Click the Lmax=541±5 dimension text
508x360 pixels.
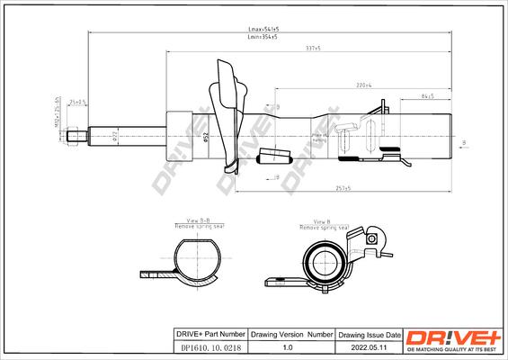click(263, 30)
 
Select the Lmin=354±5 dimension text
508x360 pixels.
click(263, 38)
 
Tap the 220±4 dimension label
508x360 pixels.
click(364, 85)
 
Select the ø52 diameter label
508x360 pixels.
click(206, 137)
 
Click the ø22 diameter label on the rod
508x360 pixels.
click(115, 137)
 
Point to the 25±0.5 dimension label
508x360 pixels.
click(79, 103)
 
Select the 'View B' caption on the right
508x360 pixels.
click(321, 220)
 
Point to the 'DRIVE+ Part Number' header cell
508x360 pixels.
click(208, 333)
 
